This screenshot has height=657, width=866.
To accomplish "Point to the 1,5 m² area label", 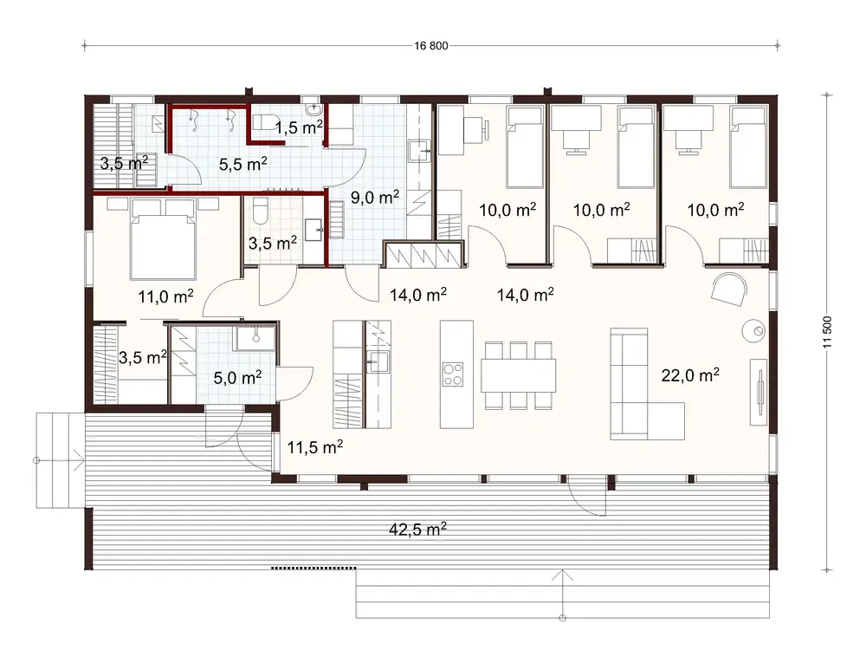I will [x=299, y=128].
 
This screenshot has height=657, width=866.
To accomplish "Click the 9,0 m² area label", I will [x=375, y=198].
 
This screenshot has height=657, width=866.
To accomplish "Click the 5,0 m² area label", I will [x=237, y=378].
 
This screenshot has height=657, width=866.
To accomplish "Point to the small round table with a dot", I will [x=754, y=330].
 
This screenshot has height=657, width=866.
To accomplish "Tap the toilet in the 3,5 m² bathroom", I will [x=262, y=211].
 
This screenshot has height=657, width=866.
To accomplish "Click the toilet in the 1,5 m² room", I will [x=264, y=123].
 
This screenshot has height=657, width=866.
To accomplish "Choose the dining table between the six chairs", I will [x=519, y=374].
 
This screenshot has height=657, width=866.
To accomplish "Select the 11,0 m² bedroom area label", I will [x=165, y=297].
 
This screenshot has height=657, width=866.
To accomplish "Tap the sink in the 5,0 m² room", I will [x=255, y=337].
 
